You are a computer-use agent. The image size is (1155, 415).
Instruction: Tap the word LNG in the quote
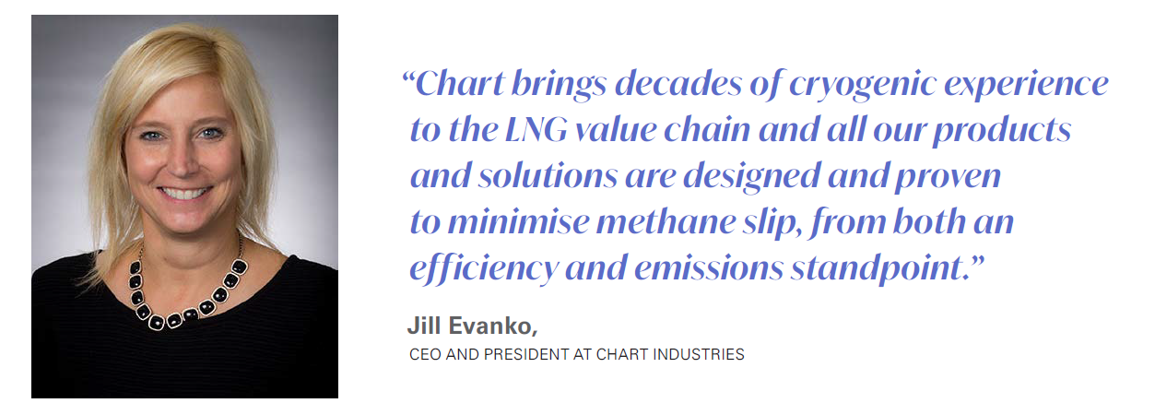(x=536, y=130)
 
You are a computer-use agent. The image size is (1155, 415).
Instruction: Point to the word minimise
(x=515, y=222)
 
